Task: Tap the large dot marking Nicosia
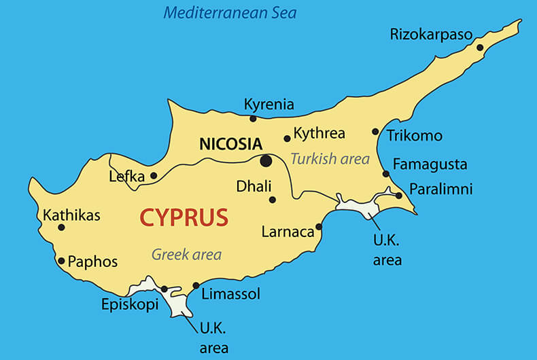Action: [266, 161]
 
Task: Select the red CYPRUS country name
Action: [184, 217]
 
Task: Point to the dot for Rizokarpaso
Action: [480, 48]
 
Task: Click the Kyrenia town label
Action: [268, 104]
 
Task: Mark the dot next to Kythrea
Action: [287, 139]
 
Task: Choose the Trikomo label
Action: [415, 136]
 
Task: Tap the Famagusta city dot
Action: [385, 174]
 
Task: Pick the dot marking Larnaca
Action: [319, 227]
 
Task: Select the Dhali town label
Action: [254, 186]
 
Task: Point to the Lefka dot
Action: [154, 176]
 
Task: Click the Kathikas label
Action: [71, 215]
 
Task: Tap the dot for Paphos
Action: [61, 261]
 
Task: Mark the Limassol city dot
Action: [196, 285]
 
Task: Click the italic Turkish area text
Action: [330, 159]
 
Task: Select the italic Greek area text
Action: [186, 255]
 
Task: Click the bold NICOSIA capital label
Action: [230, 144]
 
